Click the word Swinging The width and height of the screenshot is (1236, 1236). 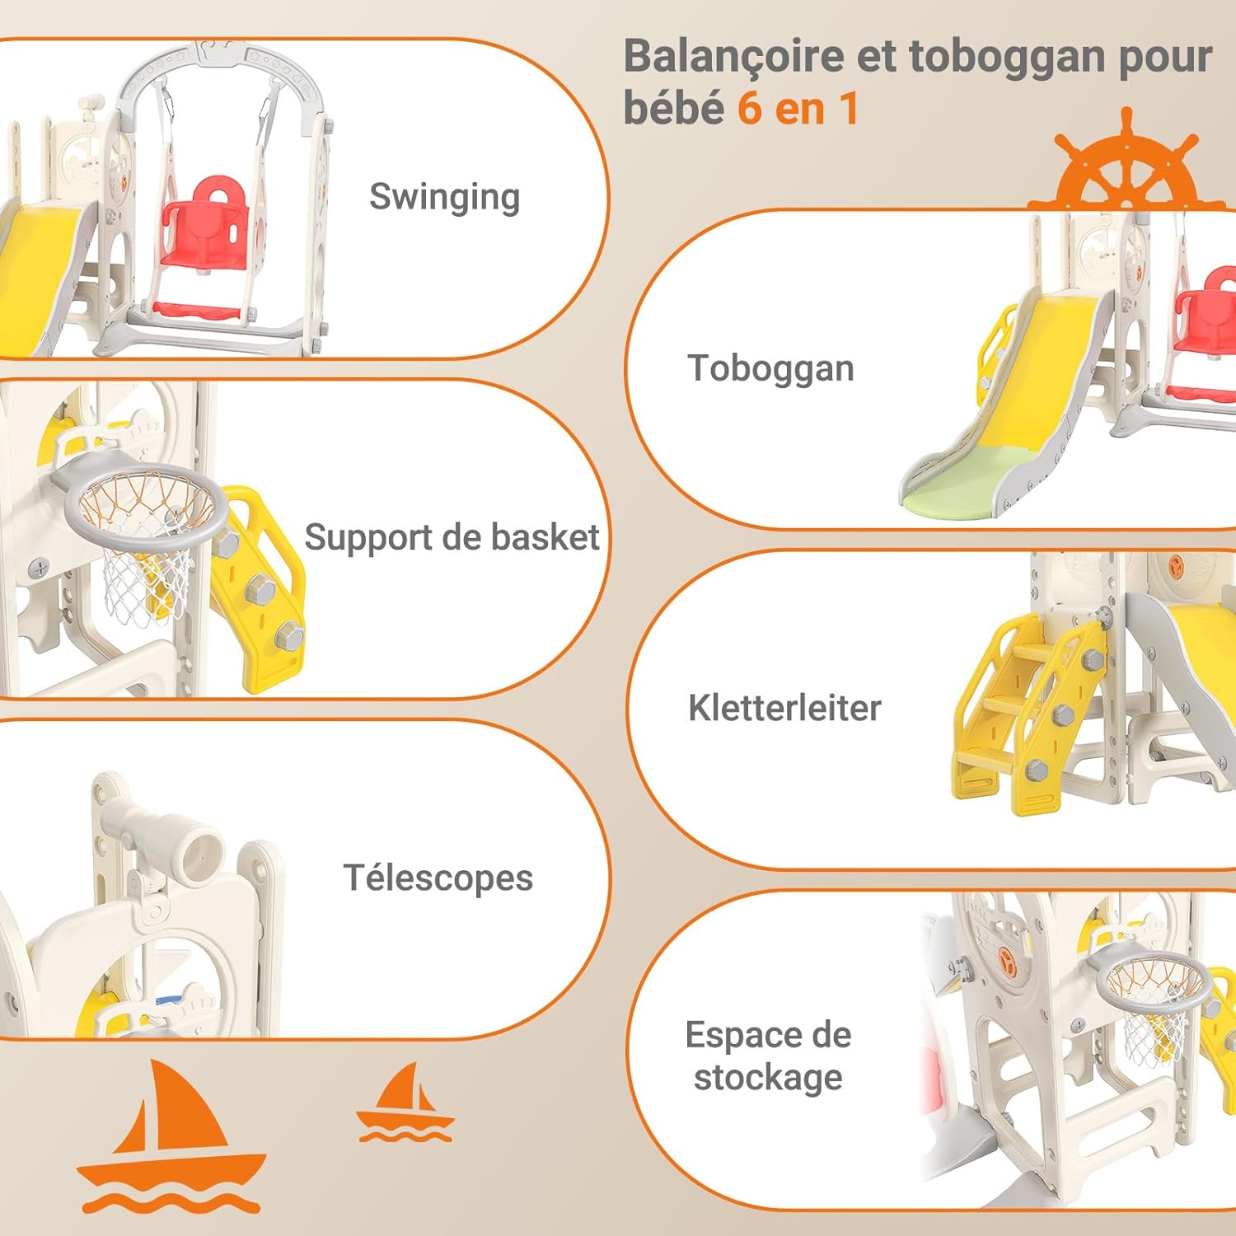pos(444,198)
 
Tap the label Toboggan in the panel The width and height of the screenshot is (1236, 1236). pos(770,368)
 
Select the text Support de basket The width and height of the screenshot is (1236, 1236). pos(452,537)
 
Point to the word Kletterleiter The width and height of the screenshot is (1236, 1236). pos(784,708)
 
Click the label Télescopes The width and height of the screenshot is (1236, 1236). pos(438,878)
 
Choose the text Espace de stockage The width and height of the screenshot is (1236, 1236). pos(768,1056)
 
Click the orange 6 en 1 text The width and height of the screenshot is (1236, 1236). pos(798,109)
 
